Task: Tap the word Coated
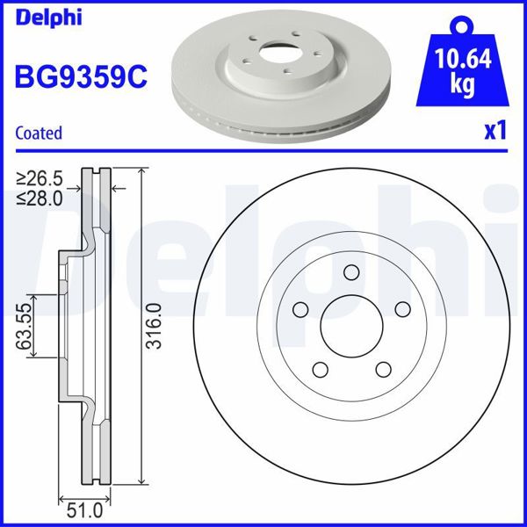pyautogui.click(x=39, y=134)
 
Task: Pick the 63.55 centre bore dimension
pyautogui.click(x=24, y=327)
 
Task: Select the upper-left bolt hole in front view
pyautogui.click(x=300, y=309)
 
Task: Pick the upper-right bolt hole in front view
pyautogui.click(x=403, y=309)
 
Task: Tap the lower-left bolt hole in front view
pyautogui.click(x=320, y=370)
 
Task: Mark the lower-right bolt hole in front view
pyautogui.click(x=383, y=370)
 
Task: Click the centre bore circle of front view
pyautogui.click(x=351, y=327)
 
